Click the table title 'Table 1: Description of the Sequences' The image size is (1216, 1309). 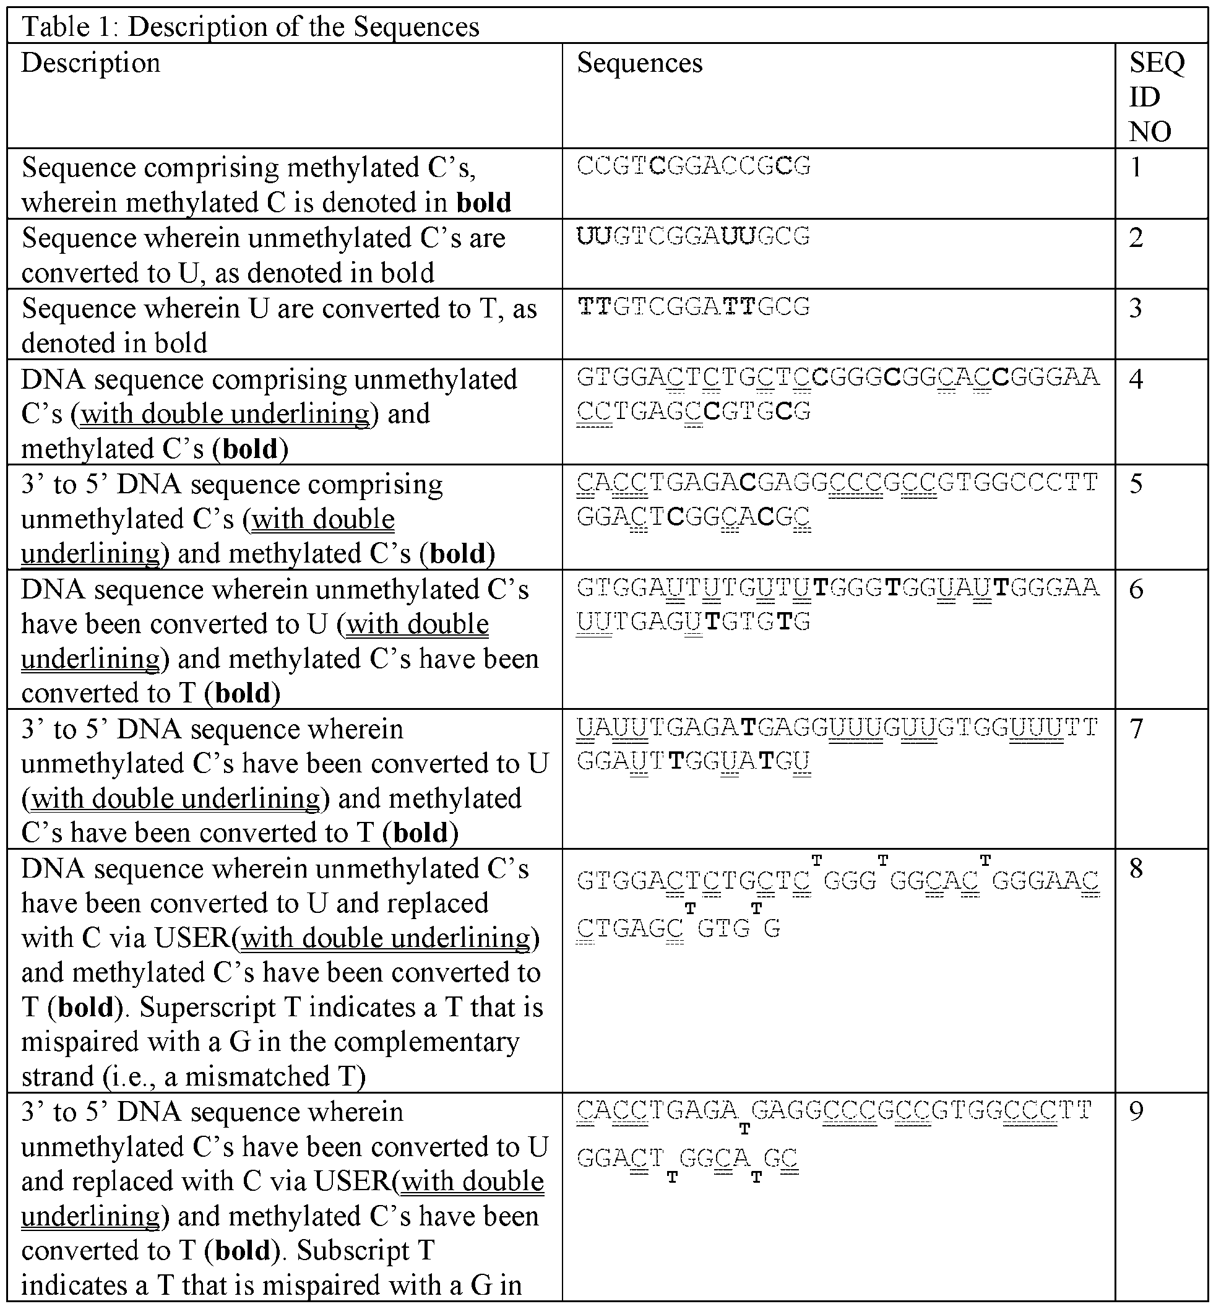[x=251, y=27]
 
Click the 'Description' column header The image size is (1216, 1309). [x=91, y=63]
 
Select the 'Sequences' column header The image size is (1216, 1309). [x=640, y=63]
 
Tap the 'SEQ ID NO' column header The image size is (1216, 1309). [x=1156, y=97]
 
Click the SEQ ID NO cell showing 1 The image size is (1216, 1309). [x=1136, y=167]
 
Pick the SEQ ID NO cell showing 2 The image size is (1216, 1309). [x=1136, y=238]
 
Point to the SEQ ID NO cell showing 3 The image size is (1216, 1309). [x=1136, y=308]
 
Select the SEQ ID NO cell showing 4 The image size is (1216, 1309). [x=1136, y=378]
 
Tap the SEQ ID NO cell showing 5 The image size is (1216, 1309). [x=1136, y=484]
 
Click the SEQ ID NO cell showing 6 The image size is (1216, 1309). [x=1136, y=589]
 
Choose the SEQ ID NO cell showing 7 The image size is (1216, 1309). [x=1136, y=728]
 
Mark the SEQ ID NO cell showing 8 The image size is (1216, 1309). [x=1136, y=869]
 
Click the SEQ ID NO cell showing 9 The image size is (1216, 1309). [x=1136, y=1111]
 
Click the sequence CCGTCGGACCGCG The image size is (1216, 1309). [x=694, y=166]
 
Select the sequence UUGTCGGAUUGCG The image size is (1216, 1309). [x=694, y=237]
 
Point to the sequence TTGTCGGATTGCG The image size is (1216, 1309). [x=694, y=308]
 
